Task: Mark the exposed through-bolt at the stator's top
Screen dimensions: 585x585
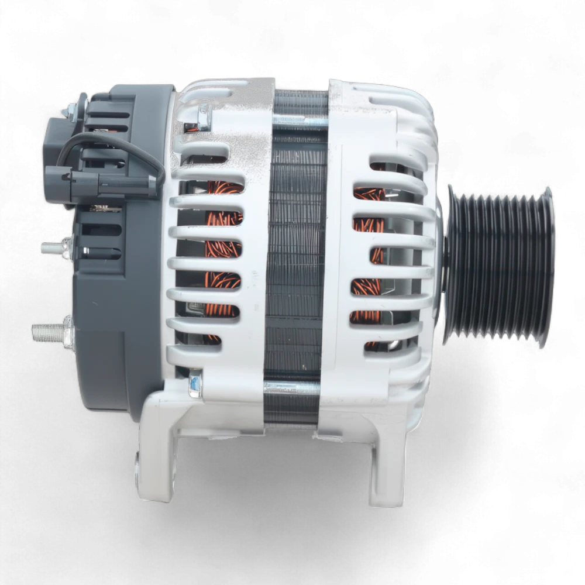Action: pyautogui.click(x=295, y=121)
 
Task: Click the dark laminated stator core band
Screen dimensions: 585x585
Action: pyautogui.click(x=295, y=252)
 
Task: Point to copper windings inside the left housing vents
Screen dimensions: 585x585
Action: pyautogui.click(x=222, y=252)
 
